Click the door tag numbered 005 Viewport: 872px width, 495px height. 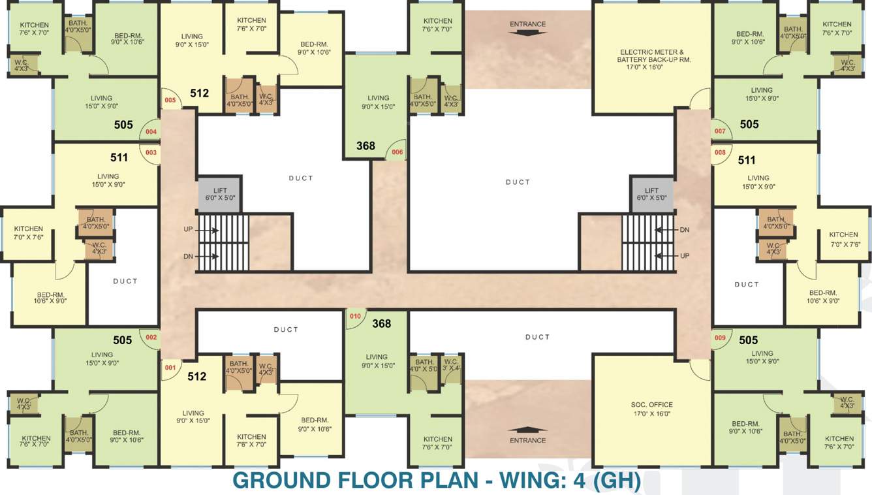(170, 101)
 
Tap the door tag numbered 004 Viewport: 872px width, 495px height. (151, 131)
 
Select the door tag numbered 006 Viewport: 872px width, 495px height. (397, 152)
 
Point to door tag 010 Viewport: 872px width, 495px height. (355, 317)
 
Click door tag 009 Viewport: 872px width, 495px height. (720, 338)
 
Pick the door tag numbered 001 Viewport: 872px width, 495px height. (170, 368)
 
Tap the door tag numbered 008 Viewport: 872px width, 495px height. (720, 152)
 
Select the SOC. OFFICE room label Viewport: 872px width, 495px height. (652, 409)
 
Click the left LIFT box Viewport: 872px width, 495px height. (220, 194)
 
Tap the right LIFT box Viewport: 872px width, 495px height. (652, 194)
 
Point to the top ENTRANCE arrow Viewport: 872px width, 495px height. (527, 34)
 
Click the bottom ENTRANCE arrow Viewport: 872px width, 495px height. (527, 430)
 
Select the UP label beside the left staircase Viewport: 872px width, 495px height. (189, 230)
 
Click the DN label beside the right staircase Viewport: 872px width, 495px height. (684, 230)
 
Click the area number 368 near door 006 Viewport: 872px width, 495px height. (366, 146)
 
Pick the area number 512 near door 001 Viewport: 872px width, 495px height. (196, 376)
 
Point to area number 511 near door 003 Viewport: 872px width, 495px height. (119, 157)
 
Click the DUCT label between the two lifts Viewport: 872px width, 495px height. (518, 182)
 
